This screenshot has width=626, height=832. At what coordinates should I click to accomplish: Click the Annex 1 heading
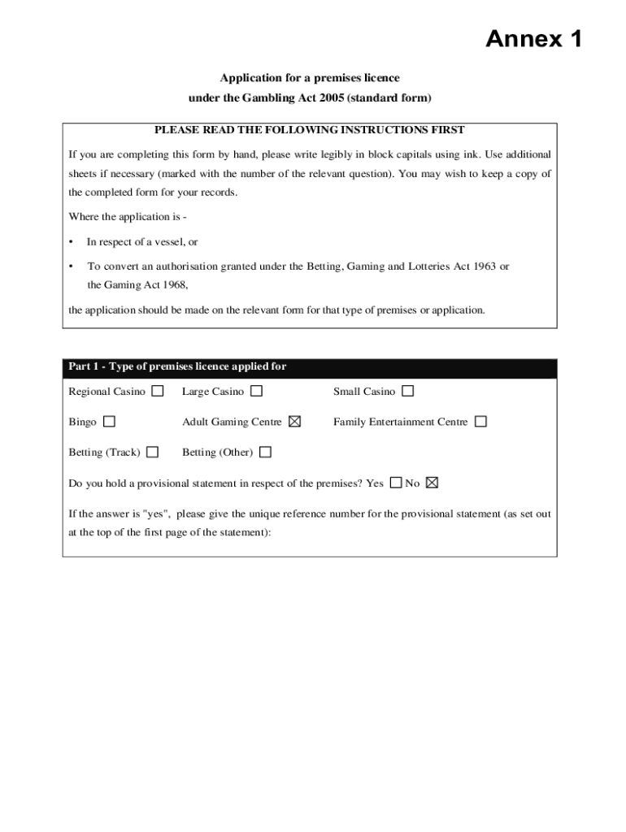click(533, 38)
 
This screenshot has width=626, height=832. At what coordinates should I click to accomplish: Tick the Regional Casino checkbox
click(158, 391)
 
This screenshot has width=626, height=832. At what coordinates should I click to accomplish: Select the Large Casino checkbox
click(256, 391)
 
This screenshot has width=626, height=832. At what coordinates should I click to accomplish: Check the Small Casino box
click(407, 391)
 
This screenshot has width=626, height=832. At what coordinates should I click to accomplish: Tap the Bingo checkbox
click(109, 422)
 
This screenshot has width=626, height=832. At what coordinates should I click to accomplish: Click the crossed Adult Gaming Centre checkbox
click(294, 422)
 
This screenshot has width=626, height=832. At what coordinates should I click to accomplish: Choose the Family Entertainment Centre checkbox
click(480, 422)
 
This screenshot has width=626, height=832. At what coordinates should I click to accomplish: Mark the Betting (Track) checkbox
click(153, 452)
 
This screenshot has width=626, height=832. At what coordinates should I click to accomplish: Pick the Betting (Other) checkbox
click(265, 452)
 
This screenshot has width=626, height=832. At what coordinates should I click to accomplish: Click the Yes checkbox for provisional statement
click(396, 483)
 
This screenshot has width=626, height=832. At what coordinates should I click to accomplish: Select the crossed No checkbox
click(432, 483)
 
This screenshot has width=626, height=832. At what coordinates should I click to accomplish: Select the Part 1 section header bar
click(310, 367)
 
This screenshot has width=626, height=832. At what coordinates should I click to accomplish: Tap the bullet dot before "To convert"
click(72, 266)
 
